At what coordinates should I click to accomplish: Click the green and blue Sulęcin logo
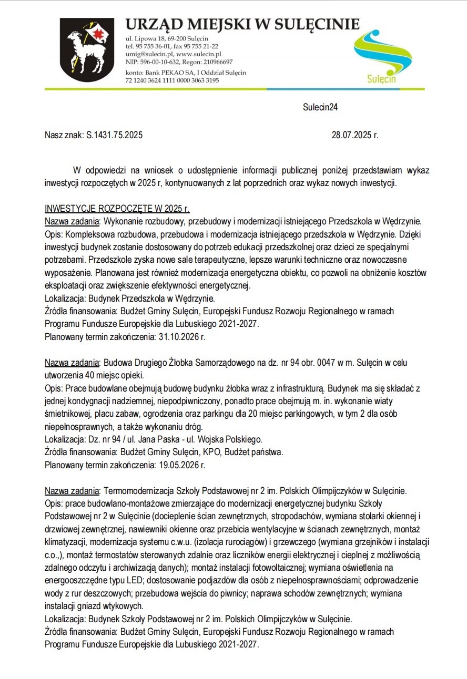[x=389, y=57]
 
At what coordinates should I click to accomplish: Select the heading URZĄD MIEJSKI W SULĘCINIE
[x=242, y=24]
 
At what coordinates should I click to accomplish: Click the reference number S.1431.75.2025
[x=114, y=135]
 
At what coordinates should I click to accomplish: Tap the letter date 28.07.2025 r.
[x=355, y=135]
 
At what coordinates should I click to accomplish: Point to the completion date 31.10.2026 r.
[x=181, y=337]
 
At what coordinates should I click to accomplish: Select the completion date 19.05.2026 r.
[x=181, y=465]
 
